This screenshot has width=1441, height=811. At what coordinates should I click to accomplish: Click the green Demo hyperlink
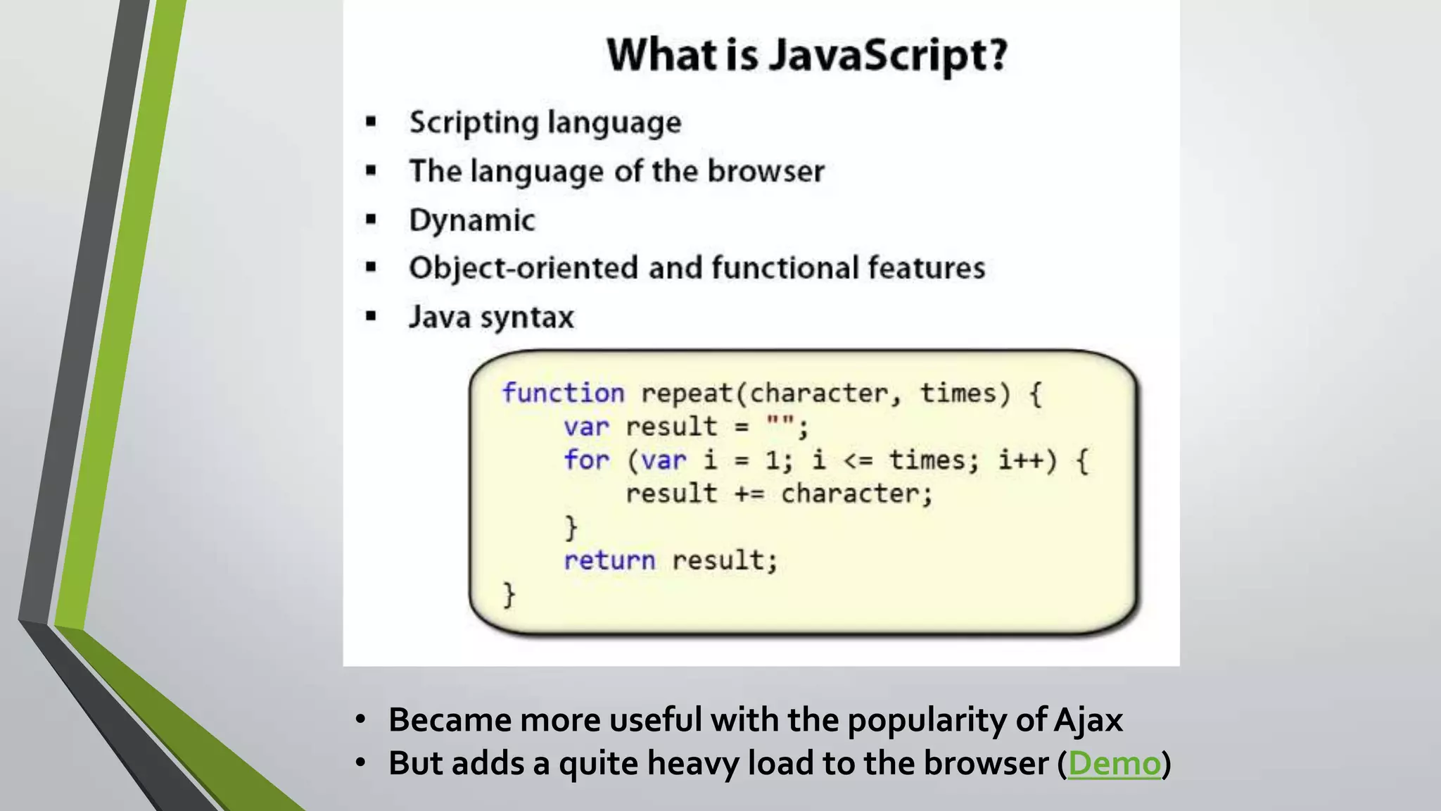(x=1114, y=764)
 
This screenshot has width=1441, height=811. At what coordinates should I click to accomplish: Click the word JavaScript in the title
(x=888, y=55)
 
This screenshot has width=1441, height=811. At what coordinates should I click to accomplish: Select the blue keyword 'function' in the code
(x=562, y=393)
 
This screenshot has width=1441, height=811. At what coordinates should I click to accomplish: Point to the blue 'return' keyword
(x=609, y=560)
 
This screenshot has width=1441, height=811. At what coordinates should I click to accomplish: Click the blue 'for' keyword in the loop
(x=586, y=460)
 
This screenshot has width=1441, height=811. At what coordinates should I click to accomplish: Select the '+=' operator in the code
(x=749, y=494)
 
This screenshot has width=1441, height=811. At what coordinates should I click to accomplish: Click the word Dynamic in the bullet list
(x=472, y=220)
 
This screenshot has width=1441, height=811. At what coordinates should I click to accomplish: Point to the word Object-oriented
(x=524, y=268)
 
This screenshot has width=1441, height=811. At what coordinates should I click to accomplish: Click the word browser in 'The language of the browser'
(x=766, y=171)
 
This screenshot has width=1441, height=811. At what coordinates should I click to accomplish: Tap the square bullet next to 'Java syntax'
(x=371, y=317)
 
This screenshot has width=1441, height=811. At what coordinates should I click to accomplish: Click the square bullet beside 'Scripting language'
(x=371, y=123)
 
